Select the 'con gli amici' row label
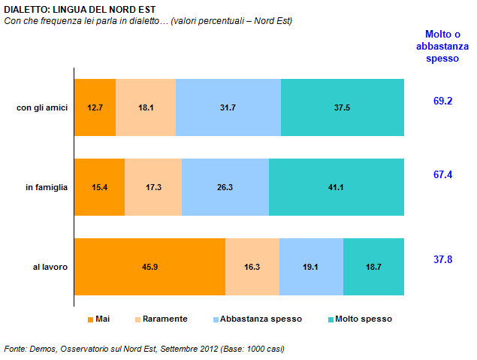pyautogui.click(x=42, y=107)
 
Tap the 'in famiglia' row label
pyautogui.click(x=46, y=187)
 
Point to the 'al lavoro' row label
pyautogui.click(x=50, y=267)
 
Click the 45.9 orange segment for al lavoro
pyautogui.click(x=149, y=267)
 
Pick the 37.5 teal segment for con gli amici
pyautogui.click(x=342, y=107)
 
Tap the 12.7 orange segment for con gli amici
pyautogui.click(x=95, y=107)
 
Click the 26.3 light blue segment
pyautogui.click(x=225, y=187)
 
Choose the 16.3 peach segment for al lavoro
pyautogui.click(x=252, y=267)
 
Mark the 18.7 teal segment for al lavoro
pyautogui.click(x=373, y=267)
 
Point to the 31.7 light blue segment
pyautogui.click(x=228, y=107)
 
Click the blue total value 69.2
pyautogui.click(x=442, y=100)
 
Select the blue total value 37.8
pyautogui.click(x=442, y=259)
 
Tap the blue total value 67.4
pyautogui.click(x=442, y=174)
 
